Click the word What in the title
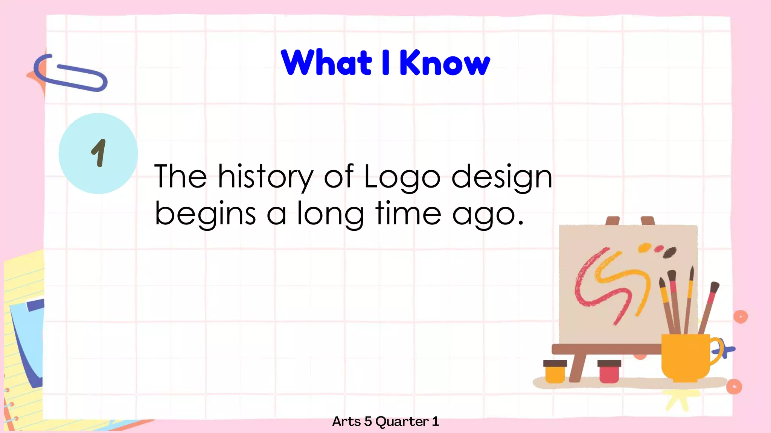[x=326, y=62]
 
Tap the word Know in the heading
[x=445, y=62]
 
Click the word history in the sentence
[x=265, y=177]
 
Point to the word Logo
[x=402, y=177]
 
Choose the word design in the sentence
[x=501, y=177]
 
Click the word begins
[x=205, y=213]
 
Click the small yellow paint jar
[x=555, y=371]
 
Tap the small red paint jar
[x=609, y=371]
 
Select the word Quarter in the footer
[x=402, y=422]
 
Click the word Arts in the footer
[x=346, y=422]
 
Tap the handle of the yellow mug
[x=718, y=351]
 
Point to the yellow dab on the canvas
[x=644, y=248]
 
